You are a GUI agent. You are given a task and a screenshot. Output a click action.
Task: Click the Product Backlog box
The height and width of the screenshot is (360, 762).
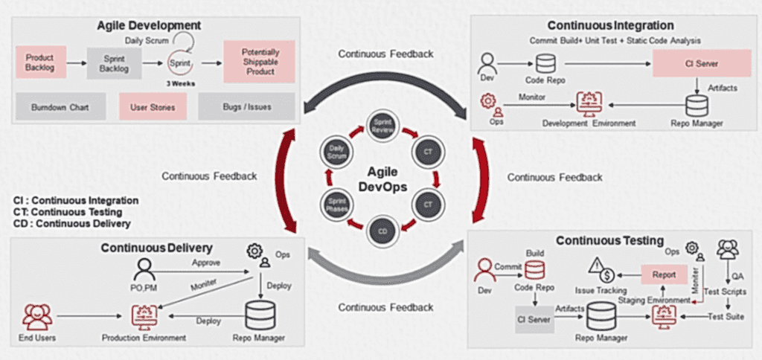tap(40, 62)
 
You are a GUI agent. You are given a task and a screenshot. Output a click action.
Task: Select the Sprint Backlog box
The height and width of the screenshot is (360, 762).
tap(113, 62)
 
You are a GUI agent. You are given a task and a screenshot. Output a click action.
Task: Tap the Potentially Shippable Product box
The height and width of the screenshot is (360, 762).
tap(260, 62)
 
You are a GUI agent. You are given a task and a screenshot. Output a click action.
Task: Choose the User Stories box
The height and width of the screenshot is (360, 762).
tap(153, 107)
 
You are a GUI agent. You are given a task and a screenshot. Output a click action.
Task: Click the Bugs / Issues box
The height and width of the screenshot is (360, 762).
tap(246, 107)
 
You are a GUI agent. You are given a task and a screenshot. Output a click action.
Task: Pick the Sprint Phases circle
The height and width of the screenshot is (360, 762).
tap(336, 203)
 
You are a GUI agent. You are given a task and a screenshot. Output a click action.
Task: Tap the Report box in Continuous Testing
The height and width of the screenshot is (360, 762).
tap(664, 274)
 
